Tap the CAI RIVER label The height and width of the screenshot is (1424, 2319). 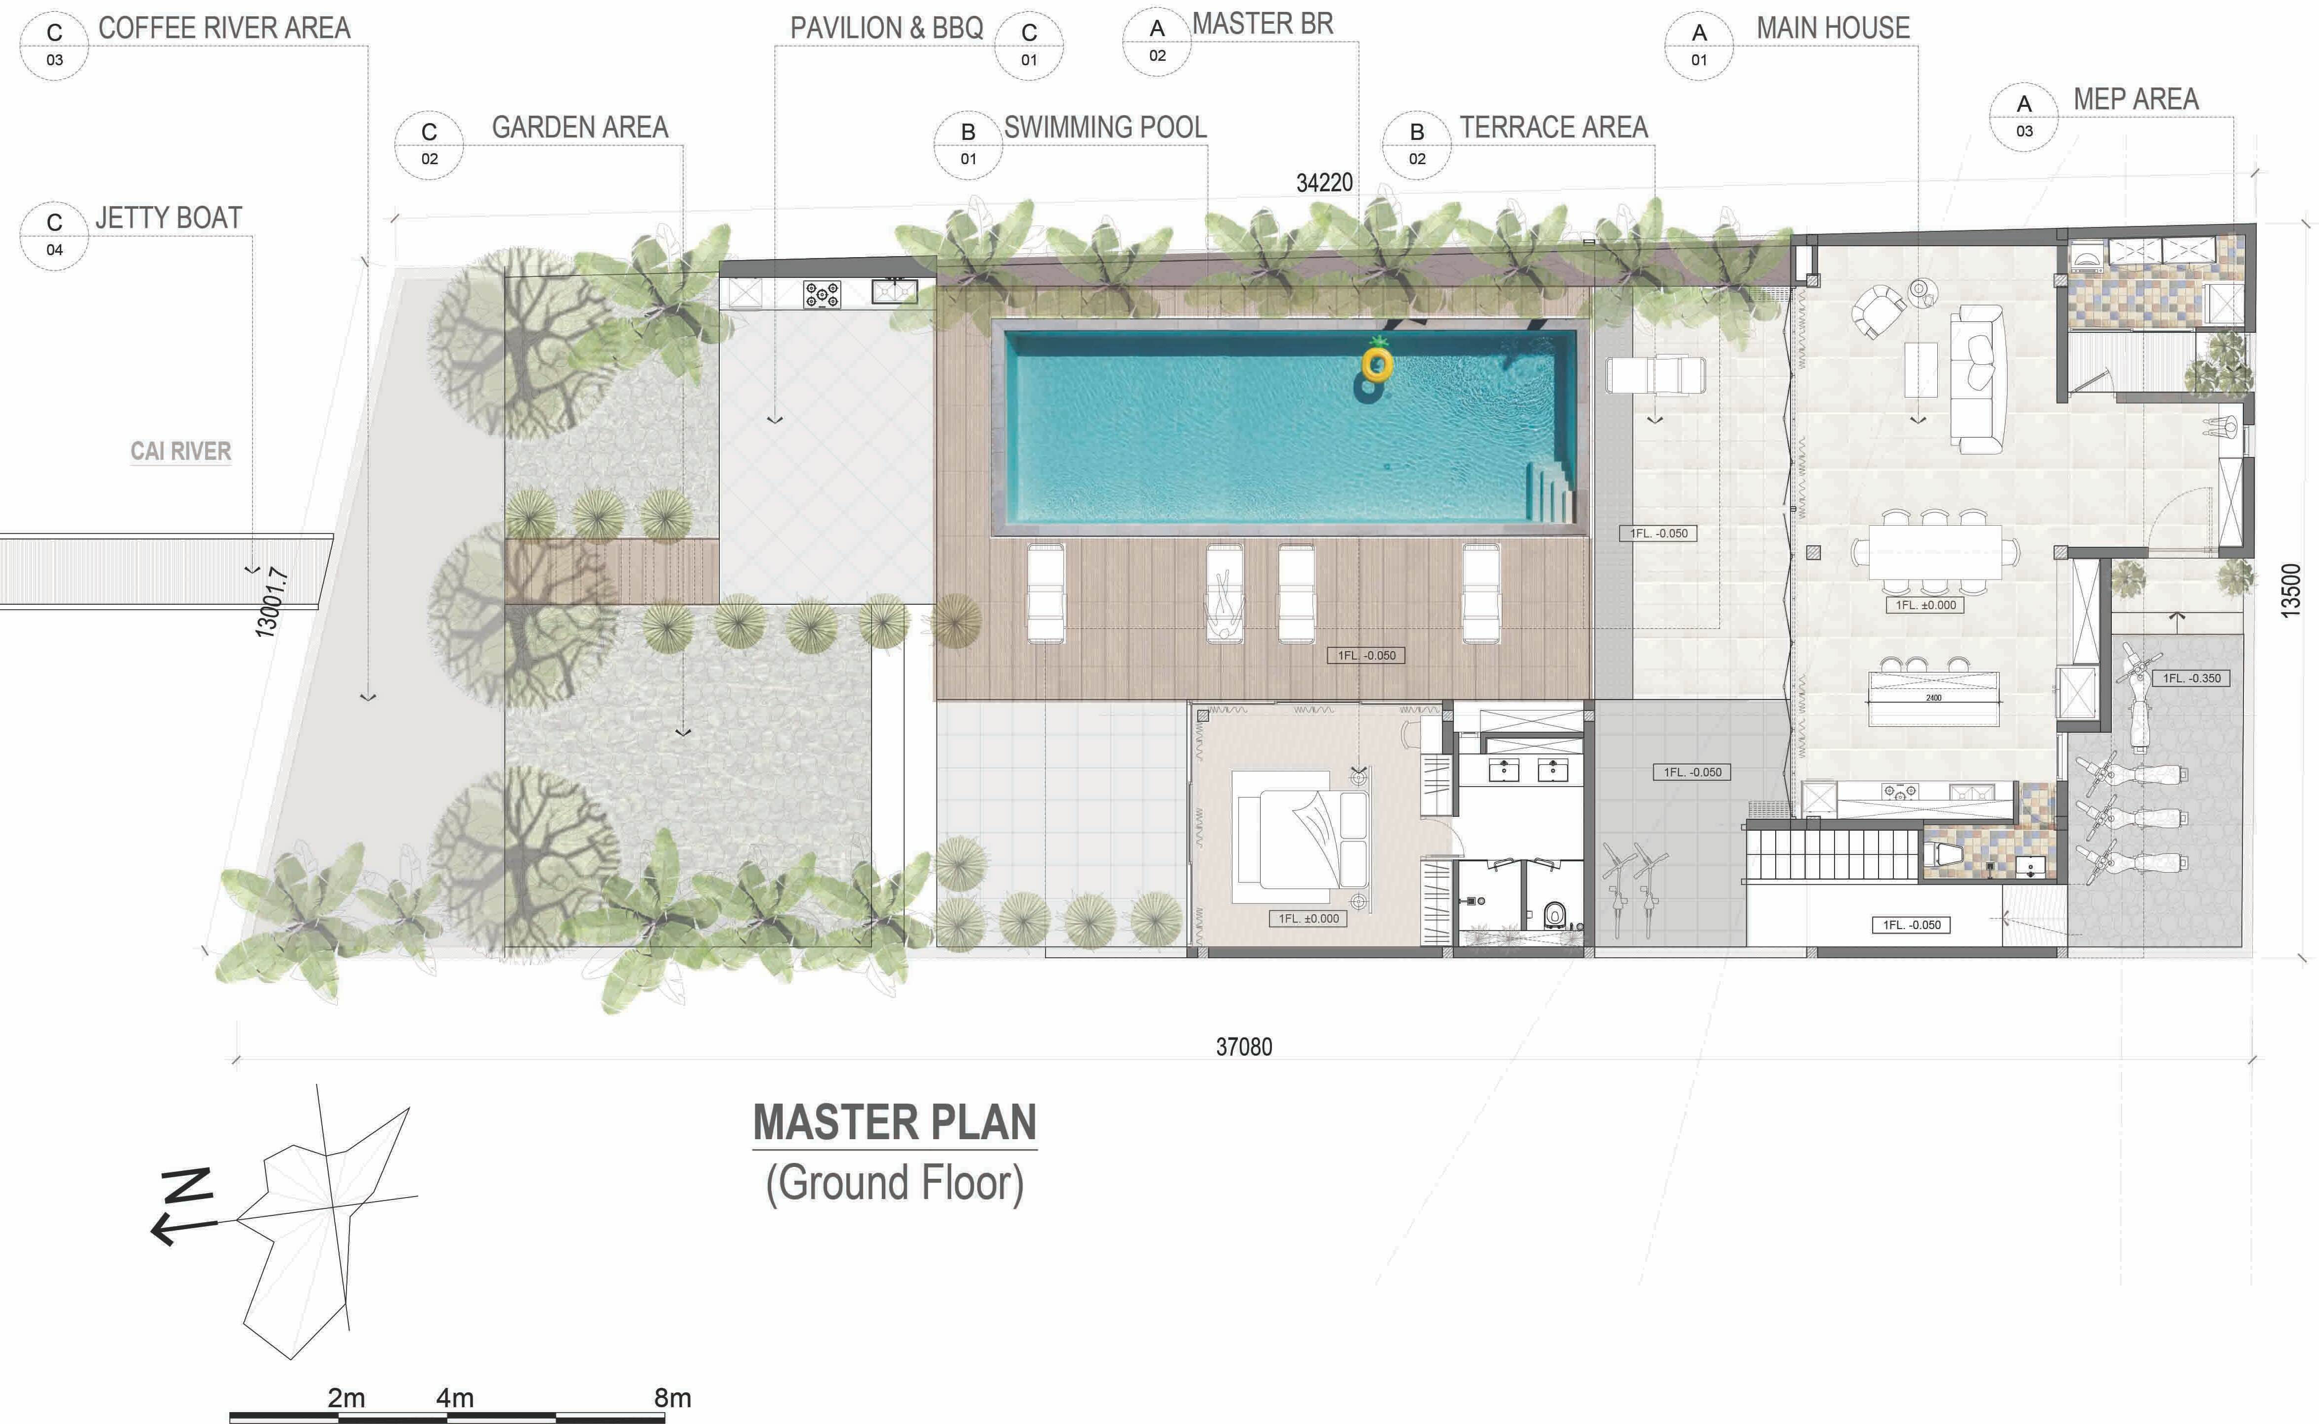[181, 451]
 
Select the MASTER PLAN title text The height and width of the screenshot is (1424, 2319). [894, 1122]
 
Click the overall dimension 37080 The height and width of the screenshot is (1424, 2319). [1244, 1046]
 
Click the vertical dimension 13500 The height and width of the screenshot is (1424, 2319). [2291, 590]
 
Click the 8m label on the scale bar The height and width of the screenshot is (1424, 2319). [672, 1398]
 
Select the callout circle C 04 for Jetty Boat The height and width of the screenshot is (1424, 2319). [54, 235]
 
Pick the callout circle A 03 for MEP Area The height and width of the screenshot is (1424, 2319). [2023, 117]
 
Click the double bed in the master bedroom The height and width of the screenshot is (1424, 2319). [1300, 829]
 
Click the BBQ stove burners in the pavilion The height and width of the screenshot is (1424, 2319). [822, 295]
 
